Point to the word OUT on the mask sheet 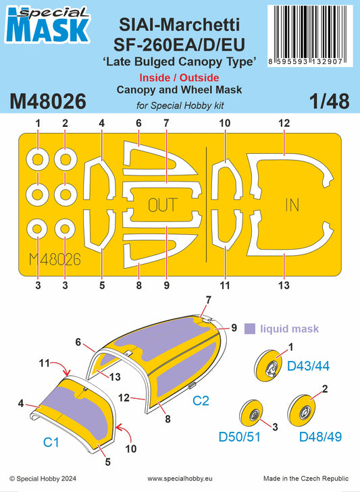coord(162,205)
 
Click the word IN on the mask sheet coord(292,205)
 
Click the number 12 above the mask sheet coord(284,124)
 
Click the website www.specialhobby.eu coord(180,479)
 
